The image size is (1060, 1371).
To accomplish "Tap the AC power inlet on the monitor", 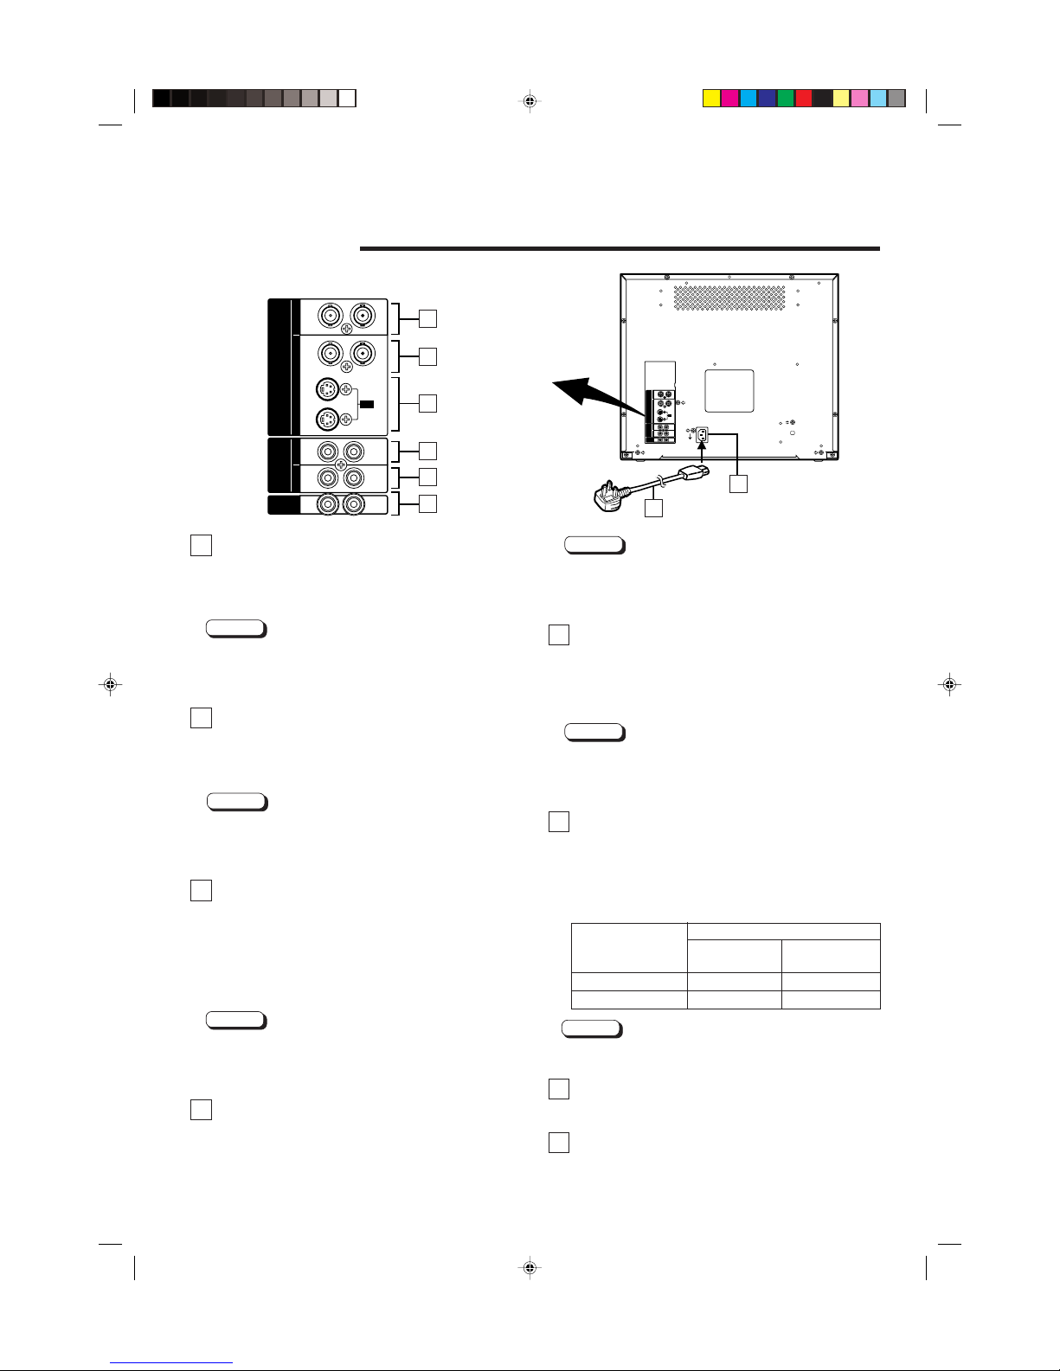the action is coord(703,436).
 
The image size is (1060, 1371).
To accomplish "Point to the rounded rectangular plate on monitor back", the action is coord(729,391).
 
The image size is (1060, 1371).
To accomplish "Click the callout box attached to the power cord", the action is coord(654,509).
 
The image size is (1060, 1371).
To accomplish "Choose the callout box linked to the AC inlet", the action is coord(738,484).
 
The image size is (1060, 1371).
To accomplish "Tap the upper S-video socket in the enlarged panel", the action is coord(326,388).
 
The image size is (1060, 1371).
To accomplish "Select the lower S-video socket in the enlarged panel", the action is coord(326,420).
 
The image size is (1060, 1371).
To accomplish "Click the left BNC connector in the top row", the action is coord(330,316).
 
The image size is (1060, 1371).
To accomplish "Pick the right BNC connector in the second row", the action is coord(361,354).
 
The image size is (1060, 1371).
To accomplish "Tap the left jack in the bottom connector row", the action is coord(329,504).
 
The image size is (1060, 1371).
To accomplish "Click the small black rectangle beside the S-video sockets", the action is coord(367,404).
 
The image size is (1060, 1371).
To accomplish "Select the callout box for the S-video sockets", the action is coord(427,403).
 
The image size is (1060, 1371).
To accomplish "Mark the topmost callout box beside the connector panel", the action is coord(427,318).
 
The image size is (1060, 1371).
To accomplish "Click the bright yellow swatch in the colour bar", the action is coord(711,99).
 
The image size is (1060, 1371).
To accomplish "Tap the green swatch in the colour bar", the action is coord(786,99).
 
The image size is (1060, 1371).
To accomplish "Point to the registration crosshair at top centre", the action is coord(530,101).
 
